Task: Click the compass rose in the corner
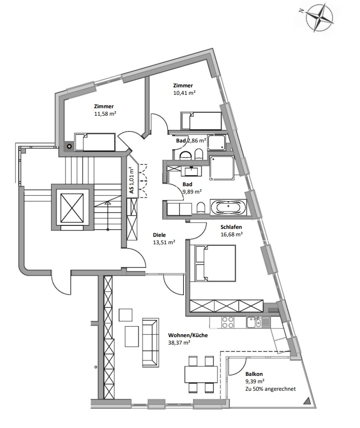point(319,17)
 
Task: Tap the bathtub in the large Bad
point(228,207)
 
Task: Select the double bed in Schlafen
point(215,263)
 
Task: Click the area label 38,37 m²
point(179,343)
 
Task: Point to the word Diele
point(159,235)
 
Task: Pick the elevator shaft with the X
point(72,208)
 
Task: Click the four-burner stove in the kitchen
point(227,322)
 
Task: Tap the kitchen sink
point(258,322)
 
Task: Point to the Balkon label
point(254,374)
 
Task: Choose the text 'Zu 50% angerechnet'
point(271,389)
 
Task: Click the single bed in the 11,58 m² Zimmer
point(95,142)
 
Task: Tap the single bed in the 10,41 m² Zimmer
point(201,121)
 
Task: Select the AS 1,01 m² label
point(132,180)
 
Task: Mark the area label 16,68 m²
point(232,234)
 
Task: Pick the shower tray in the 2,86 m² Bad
point(216,142)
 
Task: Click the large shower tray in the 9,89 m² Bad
point(221,168)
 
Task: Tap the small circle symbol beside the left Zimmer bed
point(70,146)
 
